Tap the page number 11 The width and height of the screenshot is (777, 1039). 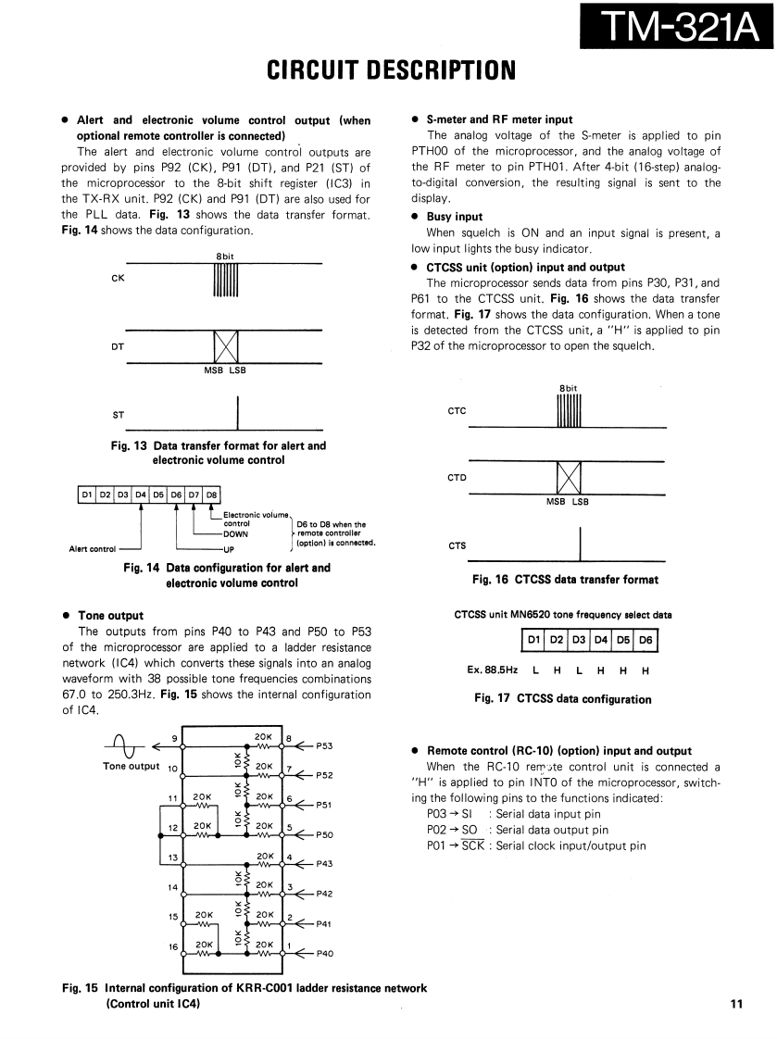pos(736,1003)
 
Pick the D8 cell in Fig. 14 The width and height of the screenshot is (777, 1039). pos(210,494)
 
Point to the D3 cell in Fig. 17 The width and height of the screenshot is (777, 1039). pos(578,640)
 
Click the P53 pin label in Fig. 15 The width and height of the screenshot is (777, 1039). pos(325,745)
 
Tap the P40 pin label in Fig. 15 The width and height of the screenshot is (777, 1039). pos(325,953)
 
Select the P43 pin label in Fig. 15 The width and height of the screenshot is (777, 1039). pos(325,864)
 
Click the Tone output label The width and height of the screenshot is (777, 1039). pos(131,765)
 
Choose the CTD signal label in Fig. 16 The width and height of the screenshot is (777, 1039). pos(457,478)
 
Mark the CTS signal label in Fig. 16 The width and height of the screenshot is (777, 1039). pos(457,545)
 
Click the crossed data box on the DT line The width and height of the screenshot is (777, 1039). pos(226,347)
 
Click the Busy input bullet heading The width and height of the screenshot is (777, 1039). pos(454,218)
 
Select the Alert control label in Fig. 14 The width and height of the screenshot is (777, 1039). pos(93,548)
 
